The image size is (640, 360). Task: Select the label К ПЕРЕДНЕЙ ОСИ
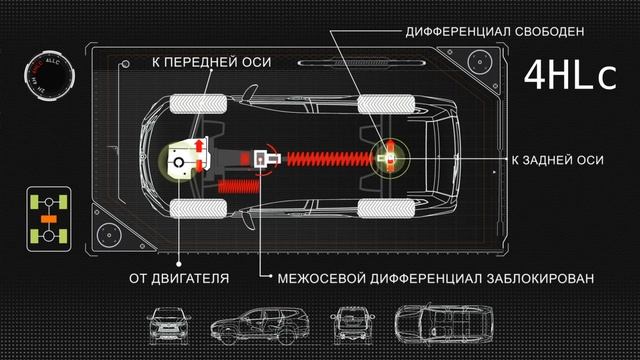pos(212,62)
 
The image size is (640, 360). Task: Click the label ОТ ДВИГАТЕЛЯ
pos(178,277)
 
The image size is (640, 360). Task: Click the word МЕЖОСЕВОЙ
pos(309,277)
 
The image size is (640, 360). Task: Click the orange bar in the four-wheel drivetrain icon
pos(45,217)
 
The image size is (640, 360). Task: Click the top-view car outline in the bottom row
pos(436,326)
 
